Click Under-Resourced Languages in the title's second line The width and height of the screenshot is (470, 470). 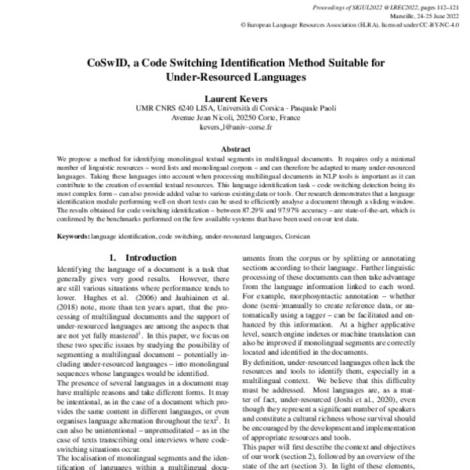tap(235, 78)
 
